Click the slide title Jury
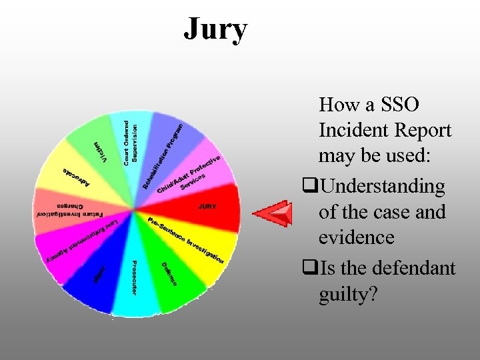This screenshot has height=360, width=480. [215, 29]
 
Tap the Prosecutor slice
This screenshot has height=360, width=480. [134, 280]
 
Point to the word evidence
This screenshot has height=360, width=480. [357, 237]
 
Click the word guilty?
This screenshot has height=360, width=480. [347, 293]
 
